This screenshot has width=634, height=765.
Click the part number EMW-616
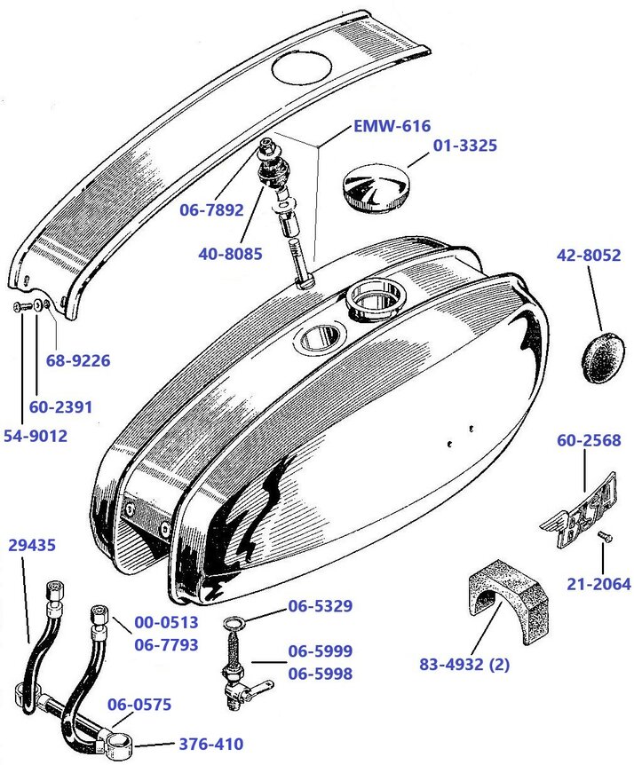[x=392, y=126]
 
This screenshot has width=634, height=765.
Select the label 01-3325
[x=464, y=145]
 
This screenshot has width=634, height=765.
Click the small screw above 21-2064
[x=604, y=535]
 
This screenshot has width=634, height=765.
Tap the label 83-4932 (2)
[x=474, y=663]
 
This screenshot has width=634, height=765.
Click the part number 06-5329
[x=321, y=607]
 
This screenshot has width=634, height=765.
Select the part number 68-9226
[x=78, y=361]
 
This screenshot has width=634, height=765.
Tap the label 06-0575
[x=139, y=705]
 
